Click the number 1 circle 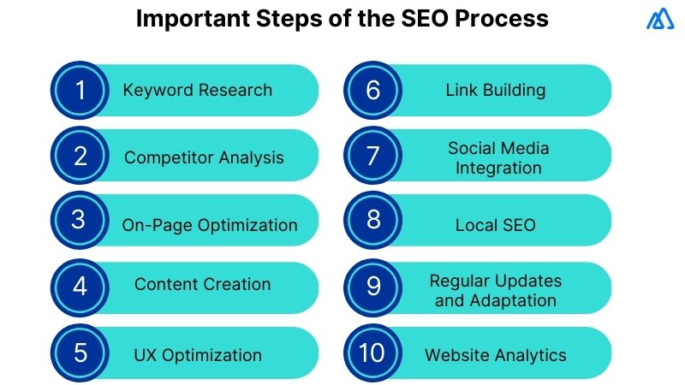[x=80, y=91]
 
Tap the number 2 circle [x=80, y=156]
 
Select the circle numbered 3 [x=80, y=221]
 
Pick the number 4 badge [x=80, y=286]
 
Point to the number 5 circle [x=80, y=352]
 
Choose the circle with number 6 [x=373, y=91]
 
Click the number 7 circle [x=373, y=156]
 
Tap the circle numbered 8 [x=373, y=221]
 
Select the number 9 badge [x=373, y=286]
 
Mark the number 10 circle [x=373, y=352]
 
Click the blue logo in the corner [x=660, y=19]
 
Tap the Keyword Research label [x=198, y=90]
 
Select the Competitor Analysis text [x=204, y=157]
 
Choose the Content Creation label [x=202, y=285]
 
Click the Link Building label [x=496, y=90]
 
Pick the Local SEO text [x=495, y=225]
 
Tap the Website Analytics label [x=496, y=354]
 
